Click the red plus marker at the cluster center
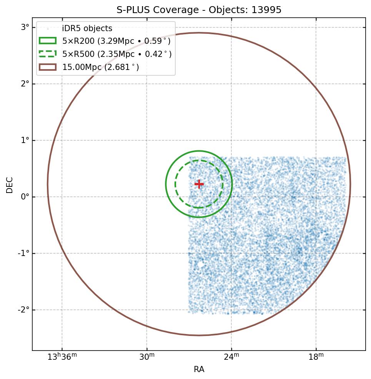(x=199, y=184)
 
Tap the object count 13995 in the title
(x=266, y=10)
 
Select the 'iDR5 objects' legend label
(x=87, y=28)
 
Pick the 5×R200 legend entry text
(x=116, y=41)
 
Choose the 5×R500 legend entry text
(x=117, y=54)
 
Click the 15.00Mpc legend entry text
(x=101, y=67)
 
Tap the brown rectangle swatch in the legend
(x=47, y=67)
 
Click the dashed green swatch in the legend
(x=47, y=54)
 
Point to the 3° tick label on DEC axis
(x=25, y=27)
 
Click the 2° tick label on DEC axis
(x=25, y=84)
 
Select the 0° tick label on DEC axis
(x=25, y=197)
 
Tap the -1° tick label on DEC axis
(x=24, y=253)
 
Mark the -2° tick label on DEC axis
(x=24, y=310)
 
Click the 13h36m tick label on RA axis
(x=62, y=357)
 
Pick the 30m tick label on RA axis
(x=146, y=357)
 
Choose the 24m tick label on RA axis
(x=231, y=357)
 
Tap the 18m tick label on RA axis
(x=316, y=357)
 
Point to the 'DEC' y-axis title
(x=10, y=185)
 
